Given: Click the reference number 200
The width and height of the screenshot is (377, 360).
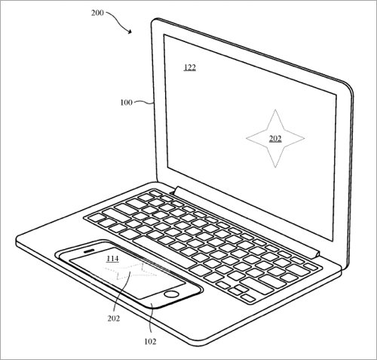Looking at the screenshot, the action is pos(97,13).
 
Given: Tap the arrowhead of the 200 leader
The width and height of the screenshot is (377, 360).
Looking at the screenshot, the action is pos(130,32).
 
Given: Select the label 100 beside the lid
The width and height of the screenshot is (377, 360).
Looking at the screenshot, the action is pos(126,103).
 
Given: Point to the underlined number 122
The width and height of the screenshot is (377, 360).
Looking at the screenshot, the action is pos(190,67).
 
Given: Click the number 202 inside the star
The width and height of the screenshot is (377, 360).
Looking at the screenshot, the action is pos(275,139).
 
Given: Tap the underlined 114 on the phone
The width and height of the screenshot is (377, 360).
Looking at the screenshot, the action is pos(112,258).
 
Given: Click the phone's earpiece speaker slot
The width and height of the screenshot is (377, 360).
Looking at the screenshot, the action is pos(89,251).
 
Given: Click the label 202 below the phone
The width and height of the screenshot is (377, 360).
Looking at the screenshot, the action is pos(114,318).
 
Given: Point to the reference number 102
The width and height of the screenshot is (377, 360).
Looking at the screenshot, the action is pos(150,341).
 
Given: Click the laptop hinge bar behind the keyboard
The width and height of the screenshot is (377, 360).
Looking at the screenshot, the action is pos(247,221).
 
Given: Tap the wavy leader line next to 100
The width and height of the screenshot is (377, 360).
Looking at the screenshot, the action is pos(143,102).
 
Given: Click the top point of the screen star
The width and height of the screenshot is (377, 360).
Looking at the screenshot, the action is pos(275,109).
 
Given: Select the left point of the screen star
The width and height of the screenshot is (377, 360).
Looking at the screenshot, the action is pos(246,138).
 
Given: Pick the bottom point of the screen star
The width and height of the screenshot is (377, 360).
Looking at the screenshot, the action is pos(275,168).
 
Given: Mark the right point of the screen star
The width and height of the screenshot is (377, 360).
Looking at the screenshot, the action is pos(305,138).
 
